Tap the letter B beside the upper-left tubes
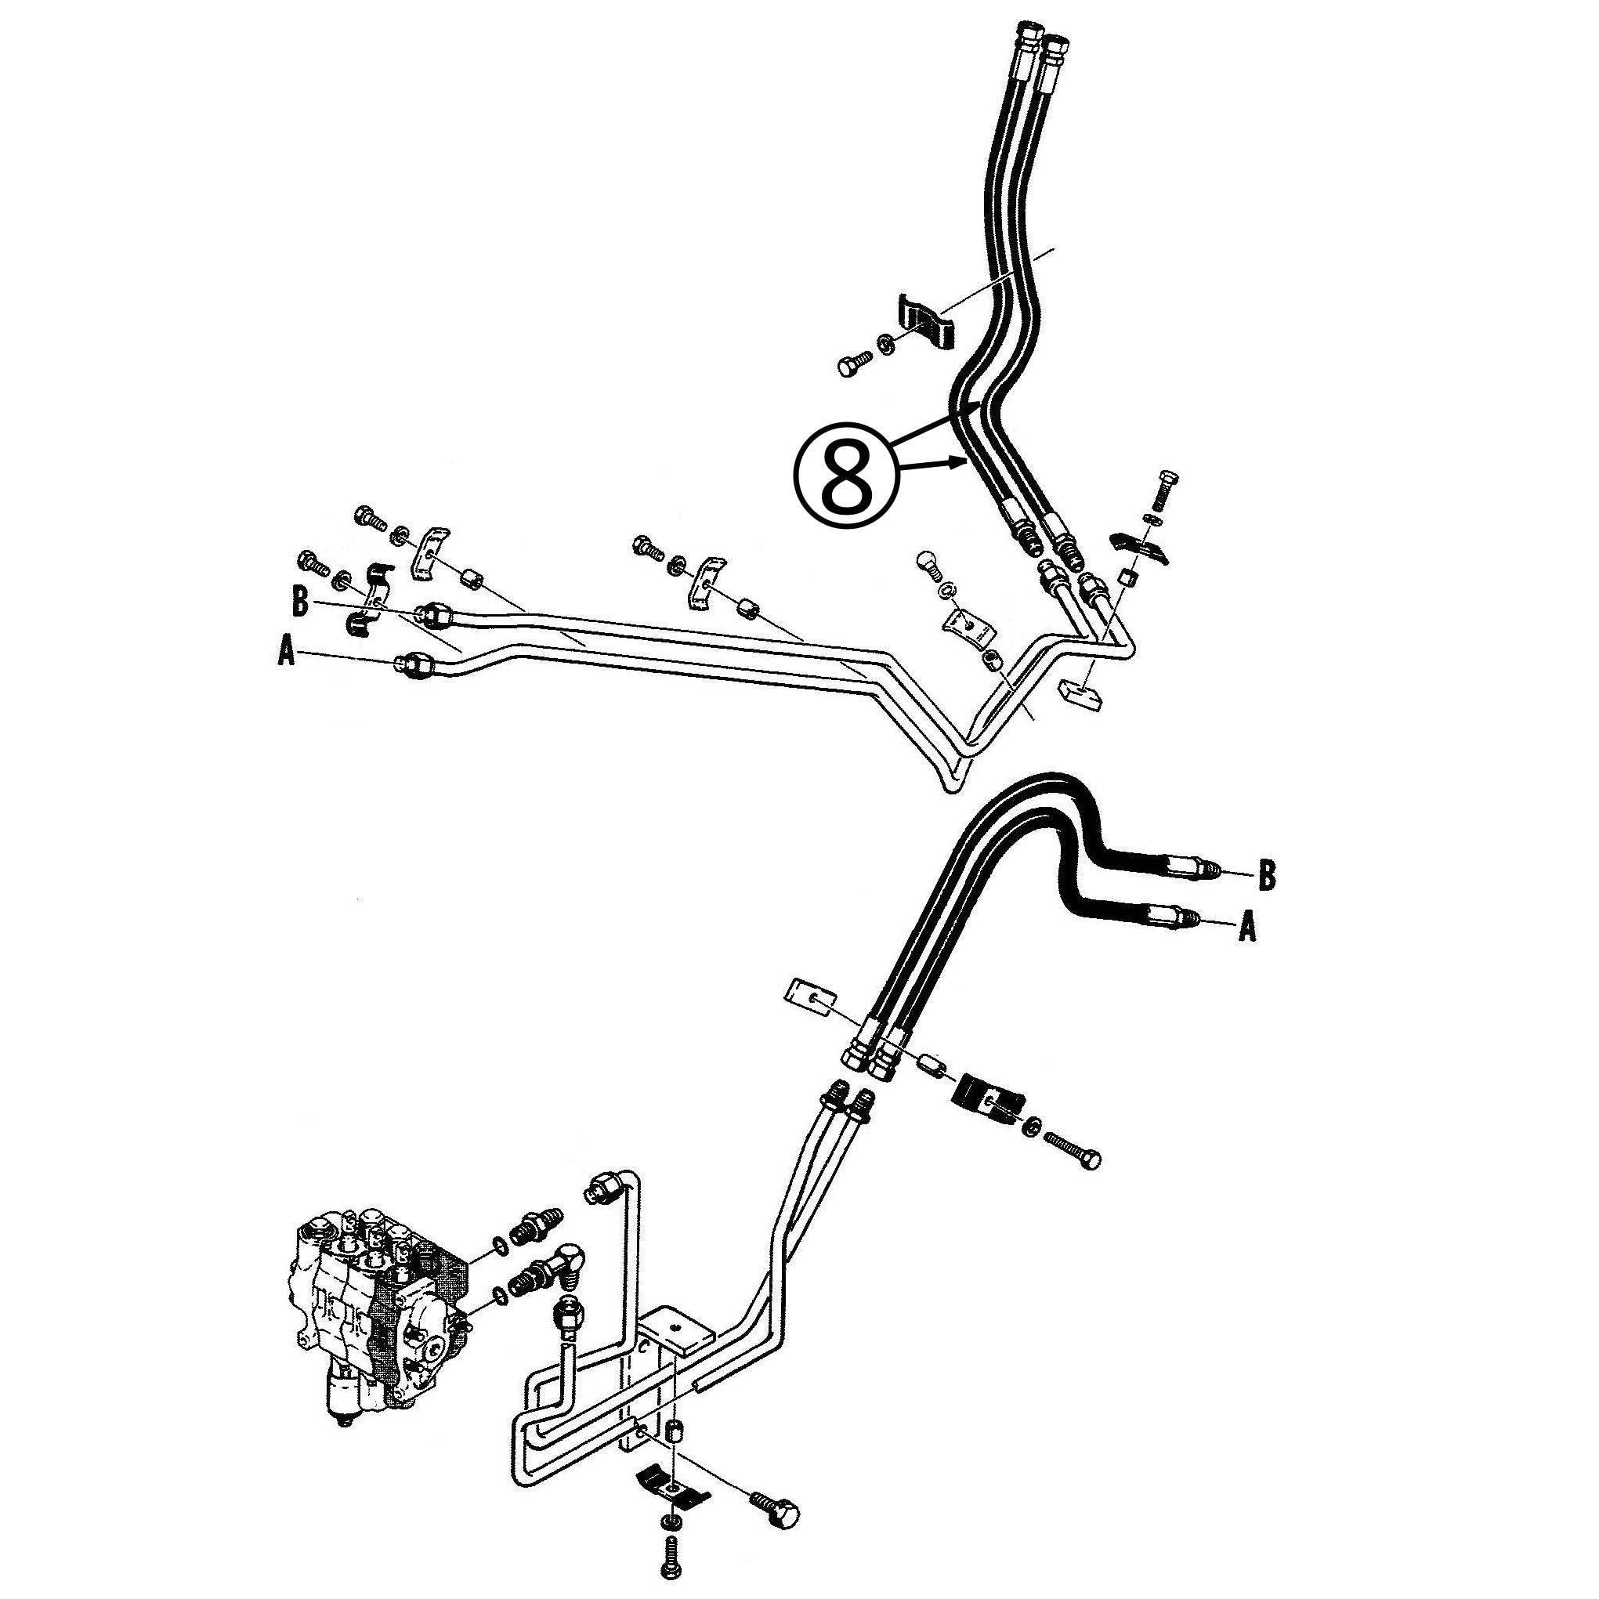pos(299,602)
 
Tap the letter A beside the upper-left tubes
pos(287,654)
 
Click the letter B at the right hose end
pos(1265,875)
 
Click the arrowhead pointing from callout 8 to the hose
pos(963,465)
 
